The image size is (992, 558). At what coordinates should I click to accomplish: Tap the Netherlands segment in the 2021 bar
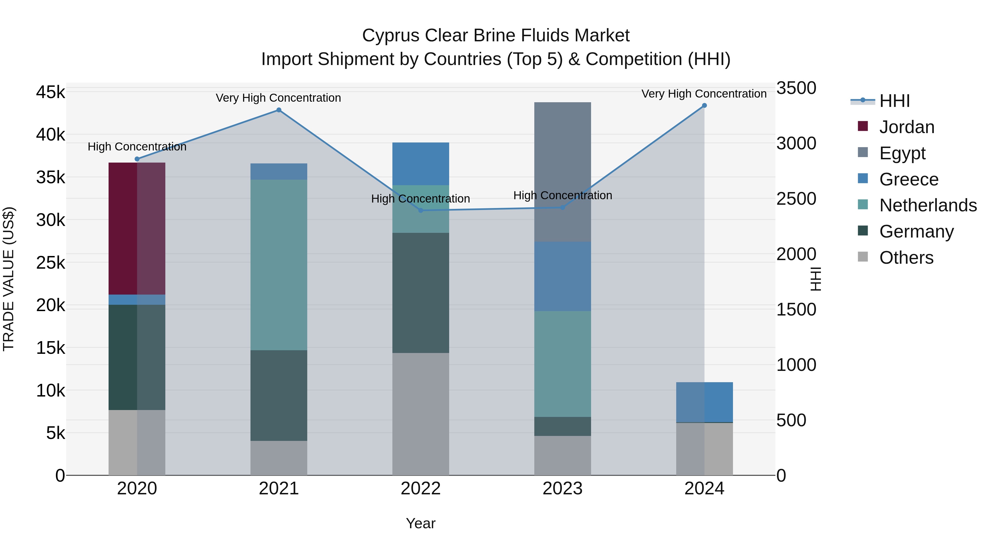coord(279,265)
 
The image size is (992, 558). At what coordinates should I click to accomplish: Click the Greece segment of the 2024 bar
coord(704,402)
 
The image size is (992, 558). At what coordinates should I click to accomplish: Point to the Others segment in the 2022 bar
coord(420,414)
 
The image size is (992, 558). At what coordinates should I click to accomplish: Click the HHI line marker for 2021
coord(279,110)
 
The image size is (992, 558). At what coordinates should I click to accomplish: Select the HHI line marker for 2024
coord(704,106)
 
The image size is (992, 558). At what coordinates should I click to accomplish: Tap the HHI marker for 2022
coord(420,210)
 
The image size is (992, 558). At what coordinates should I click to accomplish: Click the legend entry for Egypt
coord(902,153)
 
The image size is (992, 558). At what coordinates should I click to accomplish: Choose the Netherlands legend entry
coord(928,205)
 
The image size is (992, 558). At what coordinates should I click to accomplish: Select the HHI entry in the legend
coord(894,101)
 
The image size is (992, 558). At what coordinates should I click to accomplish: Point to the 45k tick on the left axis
coord(51,92)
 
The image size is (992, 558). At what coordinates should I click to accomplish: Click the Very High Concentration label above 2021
coord(278,98)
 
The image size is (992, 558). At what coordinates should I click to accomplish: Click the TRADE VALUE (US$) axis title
coord(9,279)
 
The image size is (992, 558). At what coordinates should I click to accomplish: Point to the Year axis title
coord(420,523)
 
